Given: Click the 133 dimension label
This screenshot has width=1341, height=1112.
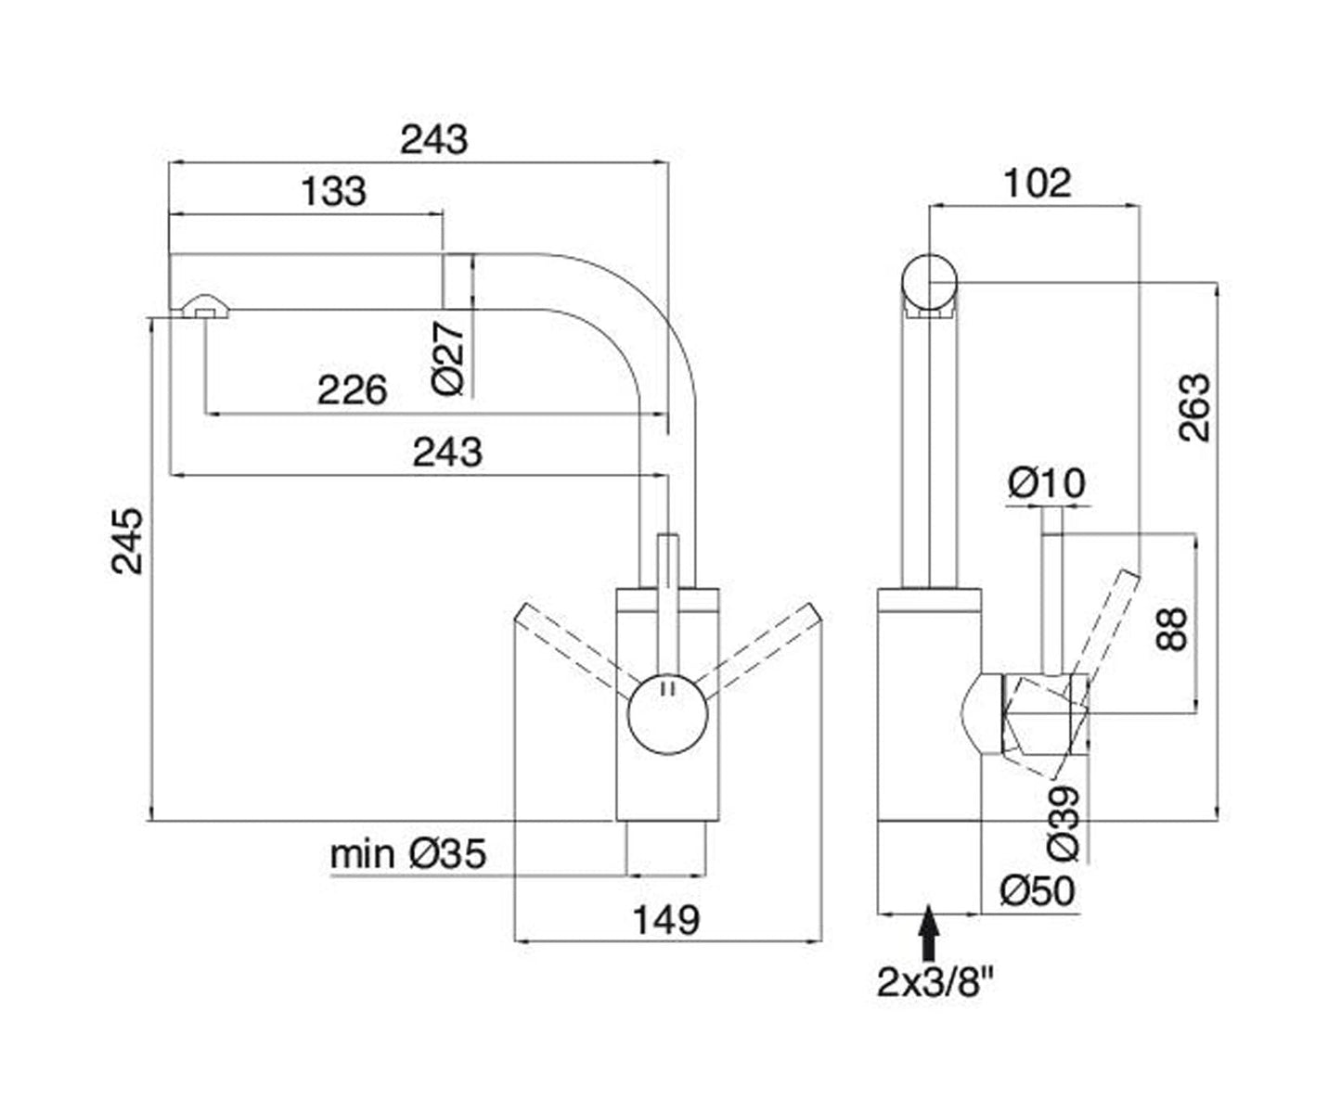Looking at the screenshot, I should click(334, 192).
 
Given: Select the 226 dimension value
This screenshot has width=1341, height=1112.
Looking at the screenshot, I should click(352, 390).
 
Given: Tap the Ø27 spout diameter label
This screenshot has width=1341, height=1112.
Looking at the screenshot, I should click(449, 359).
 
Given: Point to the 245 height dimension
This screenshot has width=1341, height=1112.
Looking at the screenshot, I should click(129, 541).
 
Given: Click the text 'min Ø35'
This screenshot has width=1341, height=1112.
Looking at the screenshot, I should click(408, 854).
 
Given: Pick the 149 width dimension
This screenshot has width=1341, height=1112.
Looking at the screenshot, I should click(665, 920).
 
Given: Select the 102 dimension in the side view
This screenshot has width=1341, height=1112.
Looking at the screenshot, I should click(1037, 183).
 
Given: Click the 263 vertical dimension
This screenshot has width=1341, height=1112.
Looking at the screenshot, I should click(1195, 407).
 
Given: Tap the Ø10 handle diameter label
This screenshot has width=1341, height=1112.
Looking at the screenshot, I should click(1047, 483).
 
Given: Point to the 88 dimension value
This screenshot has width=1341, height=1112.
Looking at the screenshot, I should click(1173, 629).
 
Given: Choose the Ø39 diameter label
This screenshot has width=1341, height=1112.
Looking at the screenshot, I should click(1064, 822).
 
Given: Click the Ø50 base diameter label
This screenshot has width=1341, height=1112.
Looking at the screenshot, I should click(1038, 891).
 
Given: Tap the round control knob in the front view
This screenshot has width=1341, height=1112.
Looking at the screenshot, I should click(666, 715).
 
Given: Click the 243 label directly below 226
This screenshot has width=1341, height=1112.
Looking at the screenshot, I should click(447, 453).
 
